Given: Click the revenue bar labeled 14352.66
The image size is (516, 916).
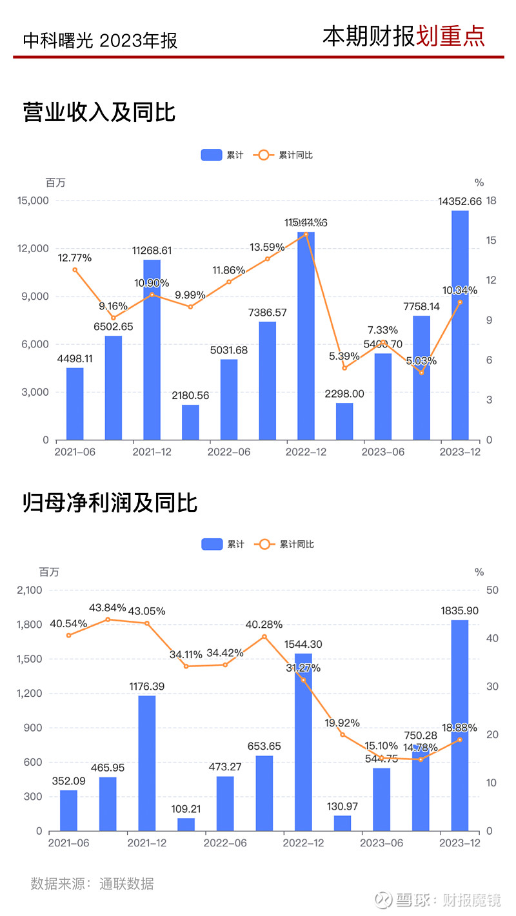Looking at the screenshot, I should point(460,325).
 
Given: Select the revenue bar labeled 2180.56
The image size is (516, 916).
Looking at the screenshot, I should point(190,422).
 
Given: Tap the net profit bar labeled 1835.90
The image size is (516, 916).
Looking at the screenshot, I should point(460,725).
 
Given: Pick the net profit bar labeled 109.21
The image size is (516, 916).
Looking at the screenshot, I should point(186,824).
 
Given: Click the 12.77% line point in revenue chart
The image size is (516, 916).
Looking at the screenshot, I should point(75,269).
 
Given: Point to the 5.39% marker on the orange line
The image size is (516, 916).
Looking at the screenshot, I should point(344,368).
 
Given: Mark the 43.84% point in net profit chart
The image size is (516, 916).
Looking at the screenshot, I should point(108,619).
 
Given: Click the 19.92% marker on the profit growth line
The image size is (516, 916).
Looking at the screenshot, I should point(342,735).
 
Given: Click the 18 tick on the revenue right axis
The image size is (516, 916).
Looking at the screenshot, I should point(491,201).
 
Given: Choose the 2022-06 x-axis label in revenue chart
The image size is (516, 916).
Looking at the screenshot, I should point(228,453).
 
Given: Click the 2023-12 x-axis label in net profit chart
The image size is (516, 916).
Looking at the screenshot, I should point(460,843).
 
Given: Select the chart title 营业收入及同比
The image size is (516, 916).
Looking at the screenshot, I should point(99,112).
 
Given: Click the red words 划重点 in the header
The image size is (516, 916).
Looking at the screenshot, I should point(450,36).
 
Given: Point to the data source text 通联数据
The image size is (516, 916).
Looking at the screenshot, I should point(126,883).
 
